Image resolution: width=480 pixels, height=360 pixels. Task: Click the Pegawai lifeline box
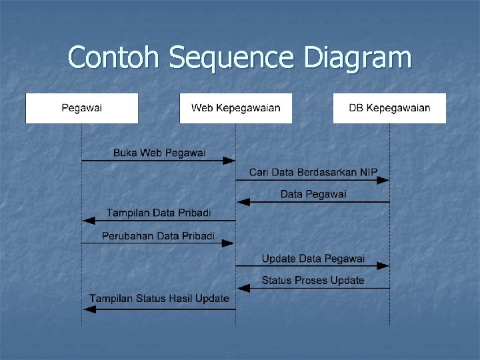(82, 108)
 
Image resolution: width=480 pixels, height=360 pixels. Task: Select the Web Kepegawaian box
(235, 108)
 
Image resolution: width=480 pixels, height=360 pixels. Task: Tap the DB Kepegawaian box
(389, 108)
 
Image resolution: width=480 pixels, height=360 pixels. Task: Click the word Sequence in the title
(231, 58)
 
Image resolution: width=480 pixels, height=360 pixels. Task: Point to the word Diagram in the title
(357, 58)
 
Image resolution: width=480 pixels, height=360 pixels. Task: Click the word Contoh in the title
(114, 58)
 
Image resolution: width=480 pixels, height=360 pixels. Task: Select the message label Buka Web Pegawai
(159, 153)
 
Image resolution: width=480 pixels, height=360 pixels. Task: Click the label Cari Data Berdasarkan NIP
(313, 173)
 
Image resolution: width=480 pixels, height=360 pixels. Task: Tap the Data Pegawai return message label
(313, 194)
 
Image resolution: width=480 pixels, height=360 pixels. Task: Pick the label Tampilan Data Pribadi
(159, 213)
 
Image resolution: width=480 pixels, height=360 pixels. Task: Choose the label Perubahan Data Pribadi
(159, 235)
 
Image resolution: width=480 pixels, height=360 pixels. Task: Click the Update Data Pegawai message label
(313, 258)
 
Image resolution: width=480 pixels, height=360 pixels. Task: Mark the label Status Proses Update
(313, 280)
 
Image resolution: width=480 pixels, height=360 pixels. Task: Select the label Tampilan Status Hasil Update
(159, 299)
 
